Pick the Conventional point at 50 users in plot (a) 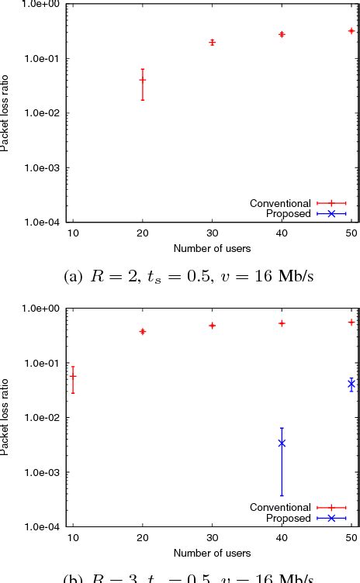click(x=351, y=31)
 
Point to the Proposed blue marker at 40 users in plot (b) click(x=282, y=443)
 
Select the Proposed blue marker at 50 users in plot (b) click(x=351, y=384)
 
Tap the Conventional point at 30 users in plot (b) click(x=212, y=326)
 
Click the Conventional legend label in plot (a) click(x=280, y=203)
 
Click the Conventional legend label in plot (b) click(x=280, y=508)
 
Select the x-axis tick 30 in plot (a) click(x=212, y=233)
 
